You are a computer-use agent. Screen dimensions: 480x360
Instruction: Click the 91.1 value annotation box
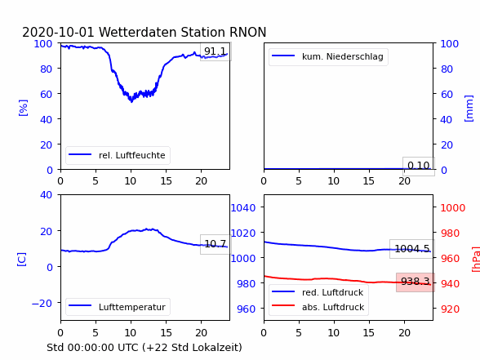tap(216, 51)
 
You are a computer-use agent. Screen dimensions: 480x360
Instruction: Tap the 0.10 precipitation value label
tap(419, 166)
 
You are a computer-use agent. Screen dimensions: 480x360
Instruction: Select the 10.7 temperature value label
tap(216, 244)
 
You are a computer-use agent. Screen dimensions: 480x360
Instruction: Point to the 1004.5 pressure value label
tap(412, 249)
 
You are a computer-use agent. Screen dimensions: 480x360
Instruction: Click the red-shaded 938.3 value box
tap(416, 282)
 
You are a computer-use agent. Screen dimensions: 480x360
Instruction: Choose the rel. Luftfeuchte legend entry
tap(118, 155)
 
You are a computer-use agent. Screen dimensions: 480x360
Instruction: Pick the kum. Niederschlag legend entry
tap(328, 56)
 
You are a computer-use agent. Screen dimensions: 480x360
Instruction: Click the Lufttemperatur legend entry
tap(118, 307)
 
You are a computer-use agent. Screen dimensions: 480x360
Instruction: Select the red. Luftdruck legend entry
tap(318, 292)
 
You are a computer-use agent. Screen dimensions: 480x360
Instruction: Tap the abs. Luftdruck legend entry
tap(318, 307)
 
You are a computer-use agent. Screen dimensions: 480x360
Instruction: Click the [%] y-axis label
tap(23, 108)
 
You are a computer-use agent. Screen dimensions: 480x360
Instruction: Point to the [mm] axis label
tap(469, 109)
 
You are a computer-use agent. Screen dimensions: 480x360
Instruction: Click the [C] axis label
tap(22, 260)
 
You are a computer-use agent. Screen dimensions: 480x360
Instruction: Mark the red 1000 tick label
tap(453, 208)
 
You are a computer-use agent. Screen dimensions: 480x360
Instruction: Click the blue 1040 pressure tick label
tap(243, 208)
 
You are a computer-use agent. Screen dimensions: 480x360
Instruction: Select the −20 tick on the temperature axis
tap(42, 304)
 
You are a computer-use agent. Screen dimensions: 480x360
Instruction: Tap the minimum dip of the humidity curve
tap(131, 101)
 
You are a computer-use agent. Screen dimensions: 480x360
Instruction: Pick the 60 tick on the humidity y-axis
tap(46, 94)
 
